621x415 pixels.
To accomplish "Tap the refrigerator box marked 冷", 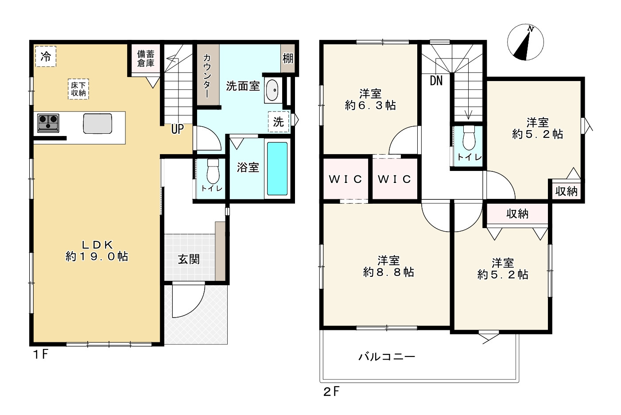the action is point(46,57).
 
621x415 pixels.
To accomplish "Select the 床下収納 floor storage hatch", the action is point(78,89).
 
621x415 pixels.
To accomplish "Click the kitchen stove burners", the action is point(48,123).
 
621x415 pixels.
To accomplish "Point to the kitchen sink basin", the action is point(97,124).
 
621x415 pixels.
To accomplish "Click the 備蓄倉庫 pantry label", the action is point(146,58).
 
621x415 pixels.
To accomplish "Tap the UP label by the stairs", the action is point(178,129).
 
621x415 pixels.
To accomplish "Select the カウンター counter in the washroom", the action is point(208,75).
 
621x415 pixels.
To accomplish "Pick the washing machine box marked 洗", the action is point(278,122).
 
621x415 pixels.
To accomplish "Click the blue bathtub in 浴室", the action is point(277,169).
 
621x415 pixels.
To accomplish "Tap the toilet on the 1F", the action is point(213,171).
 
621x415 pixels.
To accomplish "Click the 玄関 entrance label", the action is point(189,260).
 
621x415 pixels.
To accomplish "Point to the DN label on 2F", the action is point(436,81).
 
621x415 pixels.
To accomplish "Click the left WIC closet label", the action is point(345,179).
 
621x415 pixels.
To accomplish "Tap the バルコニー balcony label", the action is point(387,357).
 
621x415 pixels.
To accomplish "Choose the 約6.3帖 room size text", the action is point(370,105).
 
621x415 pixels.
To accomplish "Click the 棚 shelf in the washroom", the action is point(288,58).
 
